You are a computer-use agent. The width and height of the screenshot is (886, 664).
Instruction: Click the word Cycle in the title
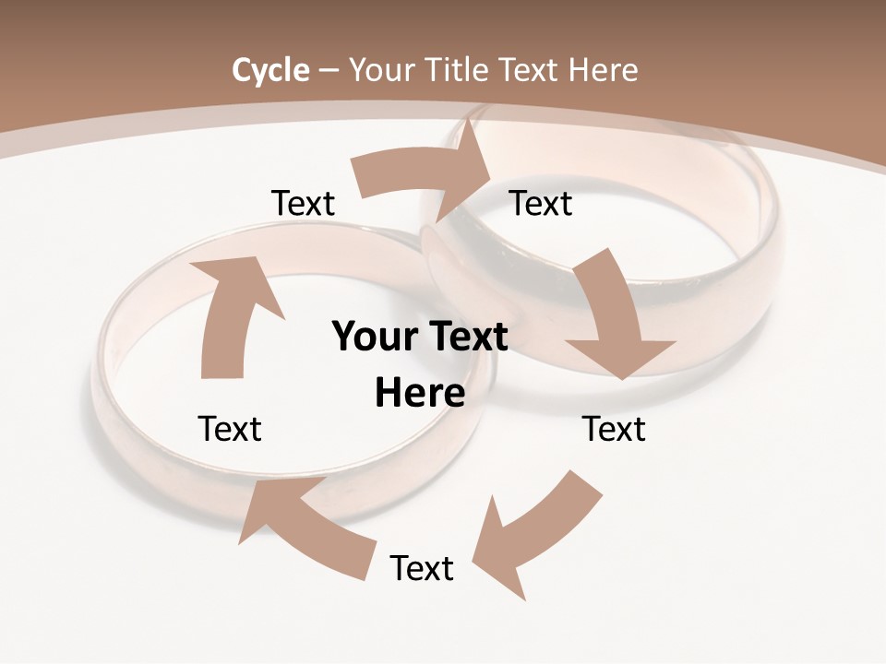click(270, 70)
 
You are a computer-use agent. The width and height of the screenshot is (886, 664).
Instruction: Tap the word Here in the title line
click(603, 70)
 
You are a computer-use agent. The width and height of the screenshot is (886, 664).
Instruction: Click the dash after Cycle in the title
click(328, 70)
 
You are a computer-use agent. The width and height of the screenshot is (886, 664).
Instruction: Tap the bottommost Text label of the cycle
click(422, 568)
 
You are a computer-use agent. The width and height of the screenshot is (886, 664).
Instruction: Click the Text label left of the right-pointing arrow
click(304, 203)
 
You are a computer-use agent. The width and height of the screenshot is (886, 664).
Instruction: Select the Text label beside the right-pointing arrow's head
click(541, 203)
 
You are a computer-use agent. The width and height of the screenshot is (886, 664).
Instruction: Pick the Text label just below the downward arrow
click(614, 429)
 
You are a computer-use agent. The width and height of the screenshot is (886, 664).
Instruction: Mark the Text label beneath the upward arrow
click(230, 429)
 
